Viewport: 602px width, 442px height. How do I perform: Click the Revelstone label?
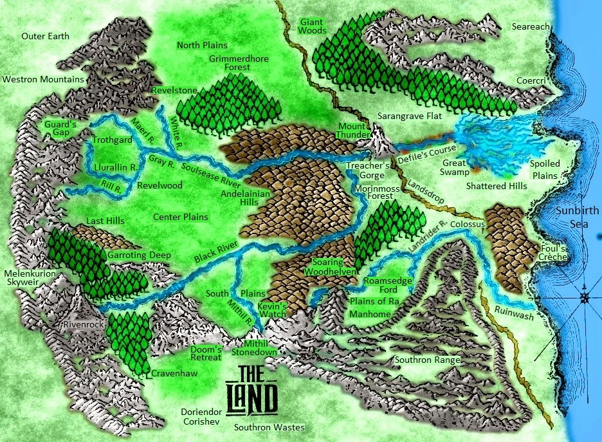click(174, 91)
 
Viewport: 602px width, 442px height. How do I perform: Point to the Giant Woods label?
click(313, 26)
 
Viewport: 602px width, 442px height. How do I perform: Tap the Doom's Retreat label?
click(206, 353)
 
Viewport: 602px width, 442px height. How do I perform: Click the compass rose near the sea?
click(584, 298)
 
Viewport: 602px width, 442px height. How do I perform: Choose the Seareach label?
click(531, 26)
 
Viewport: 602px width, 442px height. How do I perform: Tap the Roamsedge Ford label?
click(384, 286)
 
